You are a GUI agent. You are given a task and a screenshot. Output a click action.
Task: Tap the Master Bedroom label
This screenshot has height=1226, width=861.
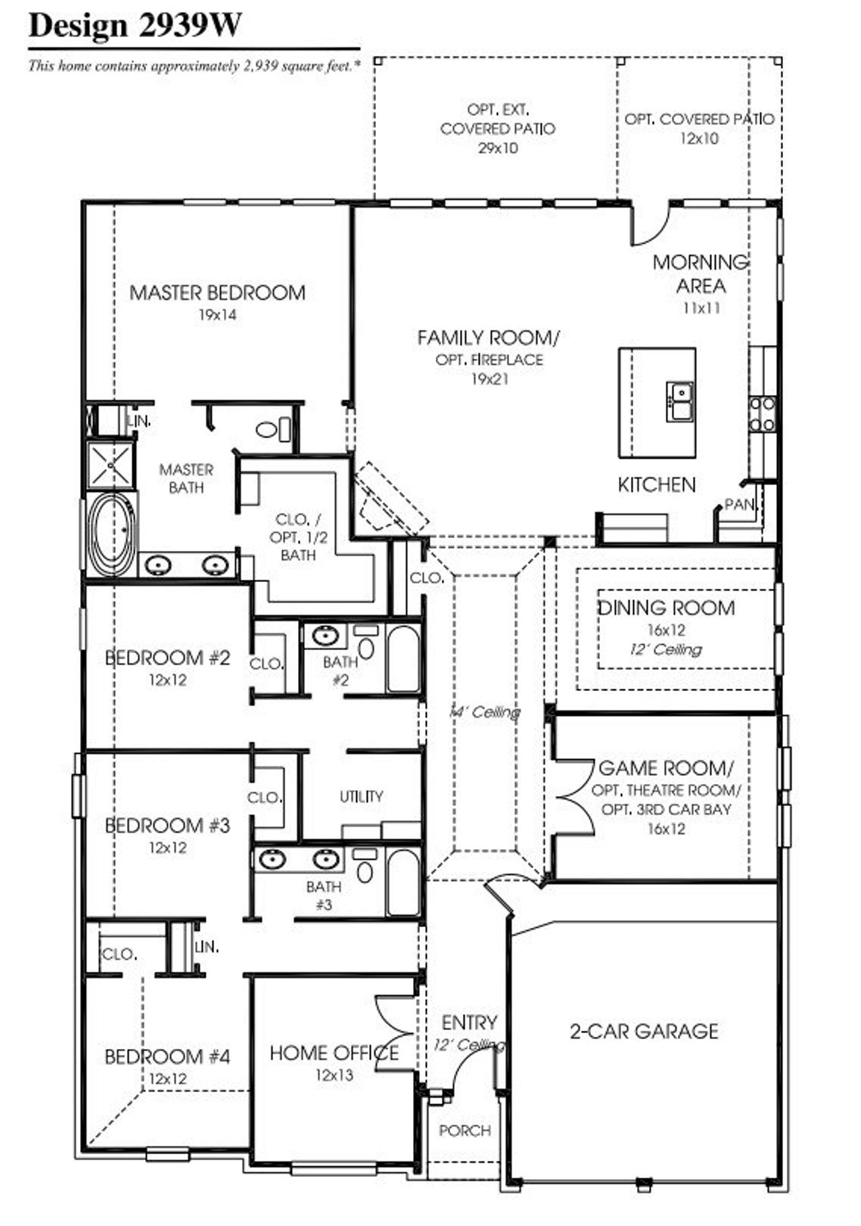[217, 293]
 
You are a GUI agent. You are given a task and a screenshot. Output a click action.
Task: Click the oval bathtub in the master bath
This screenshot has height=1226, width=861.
[112, 535]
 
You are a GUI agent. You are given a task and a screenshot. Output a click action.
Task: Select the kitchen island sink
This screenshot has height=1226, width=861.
[679, 400]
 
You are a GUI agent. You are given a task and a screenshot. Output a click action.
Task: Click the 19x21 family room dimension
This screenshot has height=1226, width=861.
[489, 380]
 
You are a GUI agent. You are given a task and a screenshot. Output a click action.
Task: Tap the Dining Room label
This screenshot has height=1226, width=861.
[666, 608]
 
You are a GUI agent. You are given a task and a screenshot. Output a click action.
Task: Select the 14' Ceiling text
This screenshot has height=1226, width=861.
[484, 712]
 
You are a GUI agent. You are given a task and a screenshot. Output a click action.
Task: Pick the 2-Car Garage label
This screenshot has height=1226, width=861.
[644, 1031]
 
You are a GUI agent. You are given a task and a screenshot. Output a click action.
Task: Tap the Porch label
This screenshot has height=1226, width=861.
[465, 1130]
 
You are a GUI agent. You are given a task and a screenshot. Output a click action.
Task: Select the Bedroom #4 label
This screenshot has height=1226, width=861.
[167, 1056]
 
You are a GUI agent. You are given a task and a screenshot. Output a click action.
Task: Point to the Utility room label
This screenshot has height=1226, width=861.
[361, 797]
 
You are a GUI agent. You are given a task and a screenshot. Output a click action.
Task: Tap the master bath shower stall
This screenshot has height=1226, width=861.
[110, 464]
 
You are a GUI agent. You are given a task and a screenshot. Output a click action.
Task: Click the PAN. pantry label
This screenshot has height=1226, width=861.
[739, 505]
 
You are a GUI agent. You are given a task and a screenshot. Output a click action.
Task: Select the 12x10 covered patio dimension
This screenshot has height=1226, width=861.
[699, 139]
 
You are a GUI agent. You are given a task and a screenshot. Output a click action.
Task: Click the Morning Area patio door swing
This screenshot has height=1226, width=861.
[649, 225]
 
